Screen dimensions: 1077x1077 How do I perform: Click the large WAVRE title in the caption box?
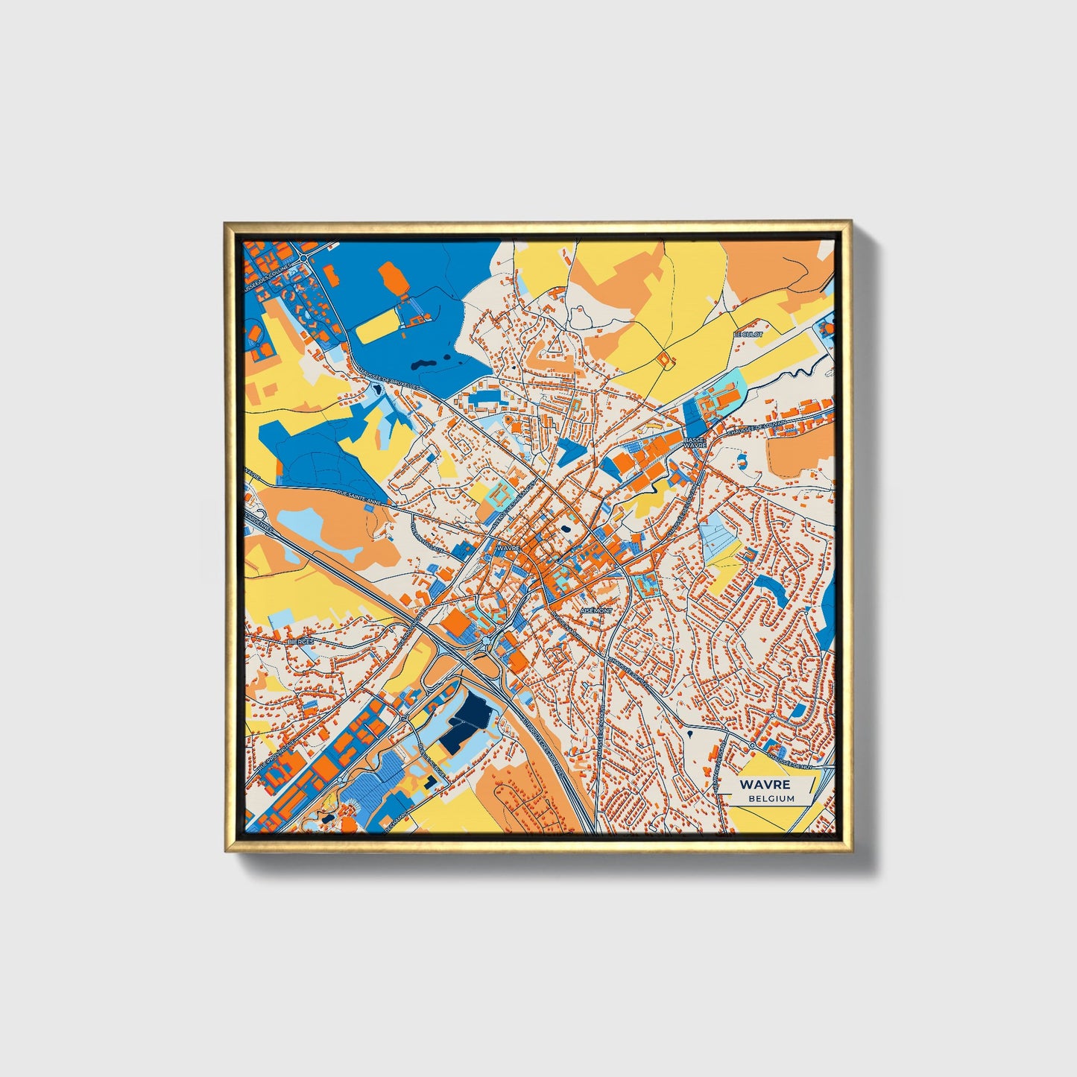click(765, 785)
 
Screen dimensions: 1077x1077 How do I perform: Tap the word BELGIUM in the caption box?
click(771, 798)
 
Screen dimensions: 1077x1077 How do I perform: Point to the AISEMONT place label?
click(596, 610)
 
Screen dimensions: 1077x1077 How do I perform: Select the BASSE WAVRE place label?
click(695, 443)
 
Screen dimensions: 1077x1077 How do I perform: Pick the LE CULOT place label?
click(748, 335)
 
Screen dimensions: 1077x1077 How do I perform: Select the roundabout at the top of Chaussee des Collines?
click(305, 256)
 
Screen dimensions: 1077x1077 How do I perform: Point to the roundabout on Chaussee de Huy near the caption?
click(754, 745)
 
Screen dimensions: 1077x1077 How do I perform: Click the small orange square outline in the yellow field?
click(665, 359)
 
